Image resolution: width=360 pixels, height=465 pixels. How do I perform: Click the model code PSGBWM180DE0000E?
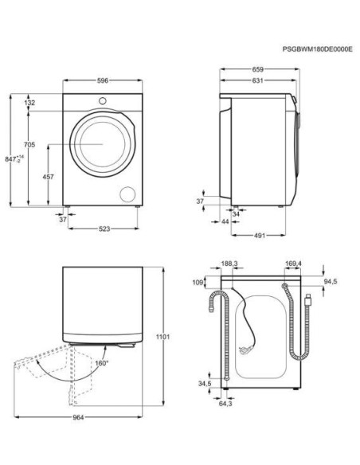(317, 49)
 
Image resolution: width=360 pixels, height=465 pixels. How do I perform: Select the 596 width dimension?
(102, 80)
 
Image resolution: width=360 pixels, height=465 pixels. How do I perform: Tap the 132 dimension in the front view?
(30, 103)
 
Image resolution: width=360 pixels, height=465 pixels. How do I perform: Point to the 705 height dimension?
(29, 145)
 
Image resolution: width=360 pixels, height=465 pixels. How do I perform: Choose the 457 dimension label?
(48, 176)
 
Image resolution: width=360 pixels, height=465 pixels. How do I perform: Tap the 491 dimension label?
(260, 236)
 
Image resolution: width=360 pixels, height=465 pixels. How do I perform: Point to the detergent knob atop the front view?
(101, 100)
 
